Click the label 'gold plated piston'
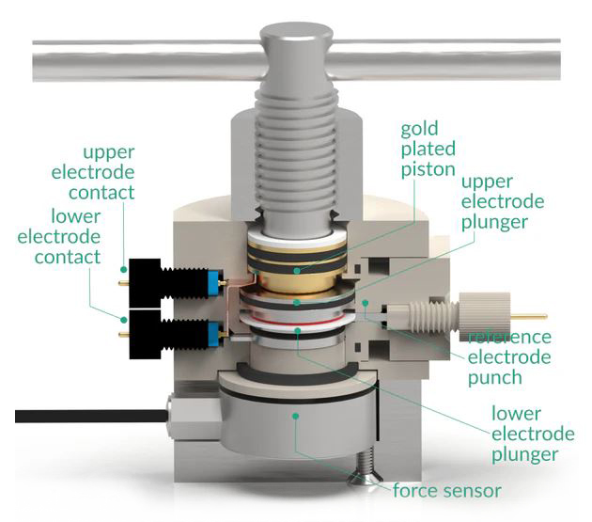(428, 149)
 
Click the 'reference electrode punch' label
(508, 357)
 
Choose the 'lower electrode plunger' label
(532, 434)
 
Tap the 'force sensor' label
(446, 490)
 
